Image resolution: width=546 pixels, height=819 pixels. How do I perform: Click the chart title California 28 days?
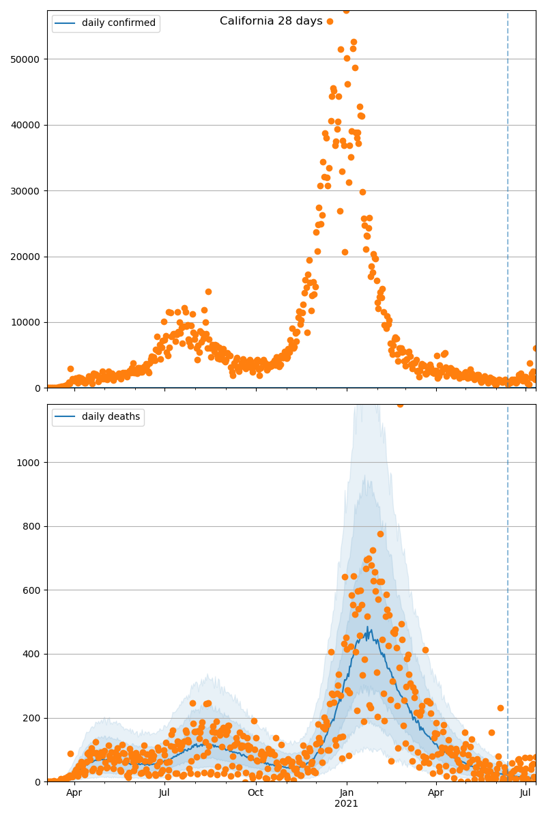click(271, 21)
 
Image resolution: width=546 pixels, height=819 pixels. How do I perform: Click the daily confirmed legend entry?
click(118, 23)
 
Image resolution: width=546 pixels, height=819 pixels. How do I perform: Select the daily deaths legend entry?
click(111, 417)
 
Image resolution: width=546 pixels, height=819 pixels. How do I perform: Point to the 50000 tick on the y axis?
click(29, 59)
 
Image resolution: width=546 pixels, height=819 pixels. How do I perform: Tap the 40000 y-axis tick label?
click(29, 125)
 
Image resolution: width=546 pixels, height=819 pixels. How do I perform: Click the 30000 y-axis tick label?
click(29, 191)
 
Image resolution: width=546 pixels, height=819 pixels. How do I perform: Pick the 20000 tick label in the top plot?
click(29, 257)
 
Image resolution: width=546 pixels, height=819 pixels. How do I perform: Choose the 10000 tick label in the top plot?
click(29, 322)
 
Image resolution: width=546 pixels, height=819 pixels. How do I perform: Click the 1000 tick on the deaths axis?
click(31, 463)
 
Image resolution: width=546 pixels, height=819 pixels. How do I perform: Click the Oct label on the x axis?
click(255, 792)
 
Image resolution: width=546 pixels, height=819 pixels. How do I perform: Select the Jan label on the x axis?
click(346, 792)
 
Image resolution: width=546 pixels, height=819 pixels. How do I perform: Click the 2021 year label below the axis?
click(346, 803)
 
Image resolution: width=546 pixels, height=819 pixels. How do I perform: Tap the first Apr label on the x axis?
click(74, 792)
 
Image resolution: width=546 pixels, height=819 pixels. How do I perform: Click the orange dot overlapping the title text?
click(330, 21)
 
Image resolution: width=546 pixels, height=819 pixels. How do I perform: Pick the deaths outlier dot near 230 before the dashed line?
click(500, 708)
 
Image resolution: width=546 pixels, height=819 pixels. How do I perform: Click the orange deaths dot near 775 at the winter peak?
click(380, 534)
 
